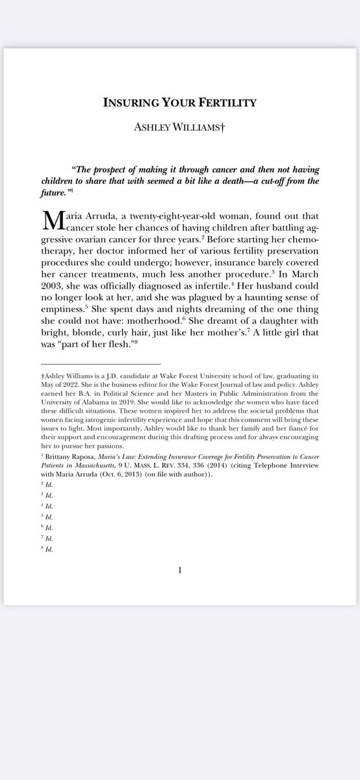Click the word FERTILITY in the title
click(229, 102)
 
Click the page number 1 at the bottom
click(180, 571)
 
